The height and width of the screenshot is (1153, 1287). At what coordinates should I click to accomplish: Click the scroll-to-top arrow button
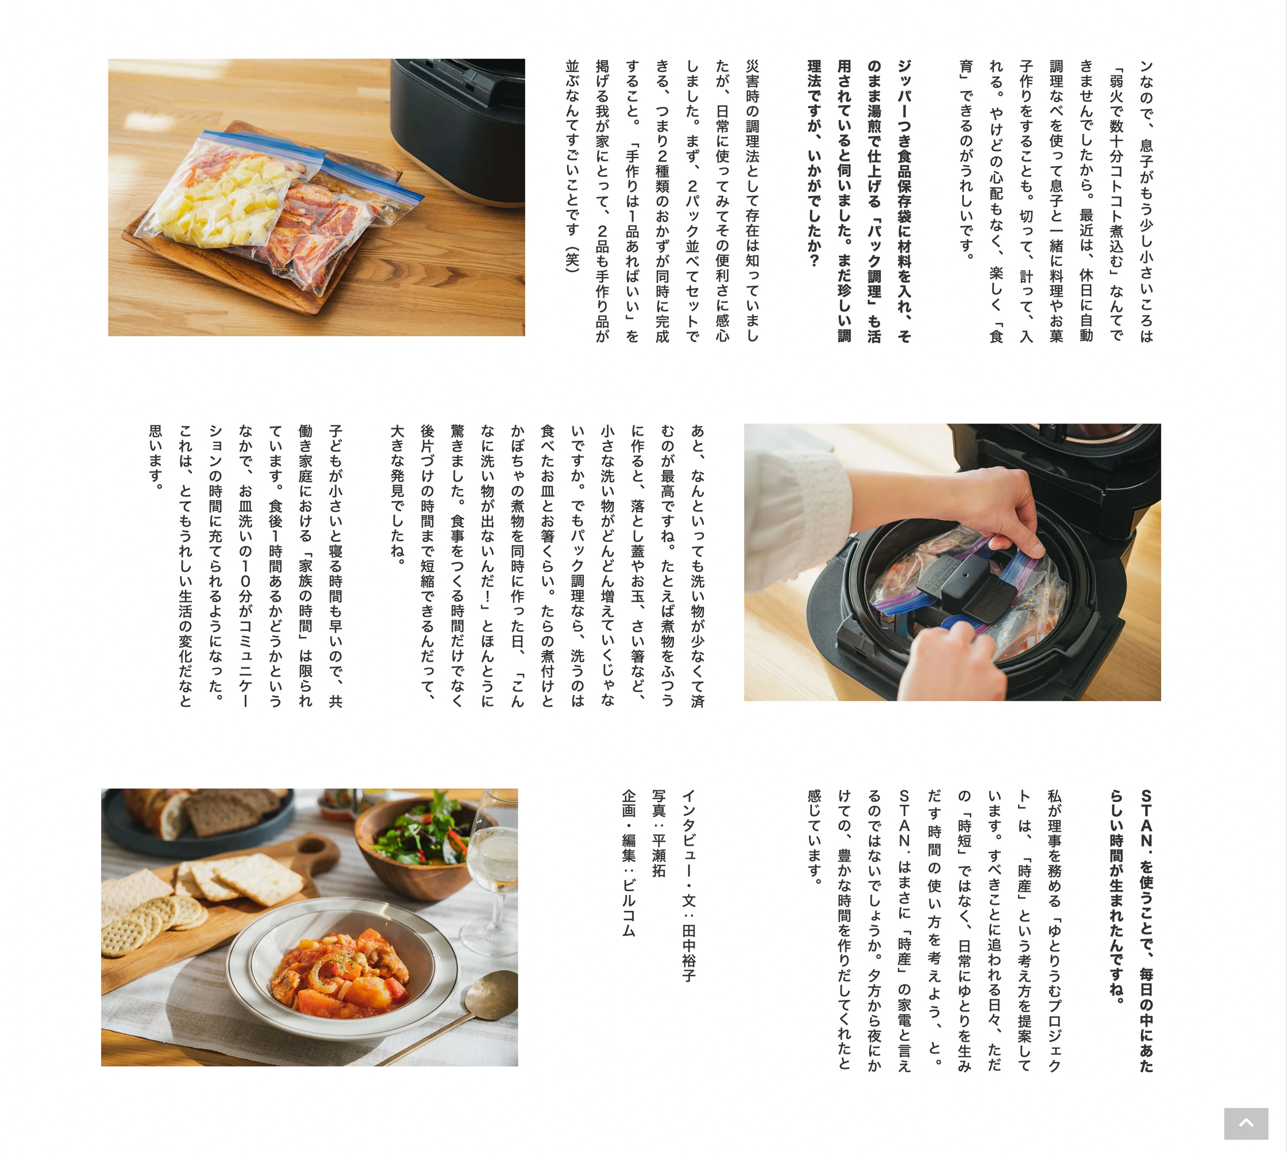point(1246,1123)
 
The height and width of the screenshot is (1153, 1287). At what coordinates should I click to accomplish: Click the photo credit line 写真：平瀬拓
point(658,833)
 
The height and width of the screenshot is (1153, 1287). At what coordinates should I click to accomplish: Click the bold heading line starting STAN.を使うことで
point(1146,931)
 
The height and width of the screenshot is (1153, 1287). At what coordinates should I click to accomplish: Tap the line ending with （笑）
point(572,167)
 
